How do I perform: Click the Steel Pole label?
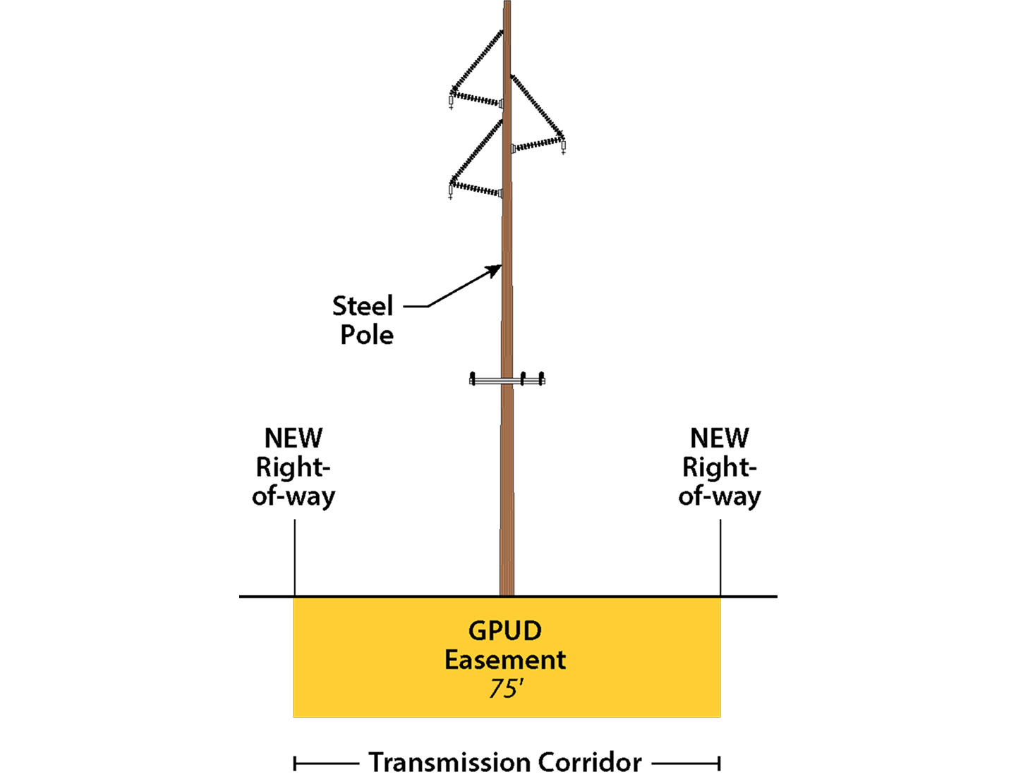(363, 320)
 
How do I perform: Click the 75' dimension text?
(505, 688)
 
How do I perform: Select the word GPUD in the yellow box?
(505, 630)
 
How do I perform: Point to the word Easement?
(505, 660)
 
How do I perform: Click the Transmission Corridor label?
(505, 762)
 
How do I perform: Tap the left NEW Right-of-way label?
(294, 467)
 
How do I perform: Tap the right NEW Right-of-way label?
(720, 467)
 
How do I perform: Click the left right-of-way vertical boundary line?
(294, 557)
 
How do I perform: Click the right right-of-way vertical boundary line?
(720, 557)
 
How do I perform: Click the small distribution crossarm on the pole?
(507, 381)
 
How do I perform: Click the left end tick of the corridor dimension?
(295, 763)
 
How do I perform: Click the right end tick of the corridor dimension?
(719, 763)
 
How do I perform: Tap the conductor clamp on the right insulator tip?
(563, 147)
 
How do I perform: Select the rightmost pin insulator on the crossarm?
(541, 378)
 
